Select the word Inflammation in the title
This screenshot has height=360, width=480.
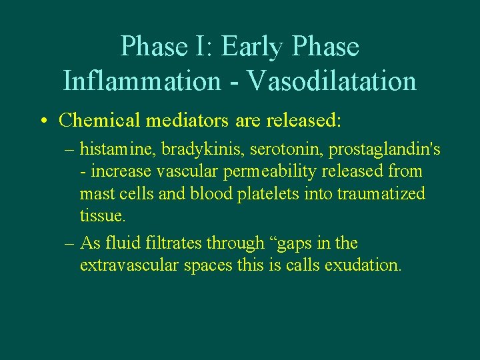[141, 81]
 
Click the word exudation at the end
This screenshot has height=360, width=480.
[363, 265]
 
